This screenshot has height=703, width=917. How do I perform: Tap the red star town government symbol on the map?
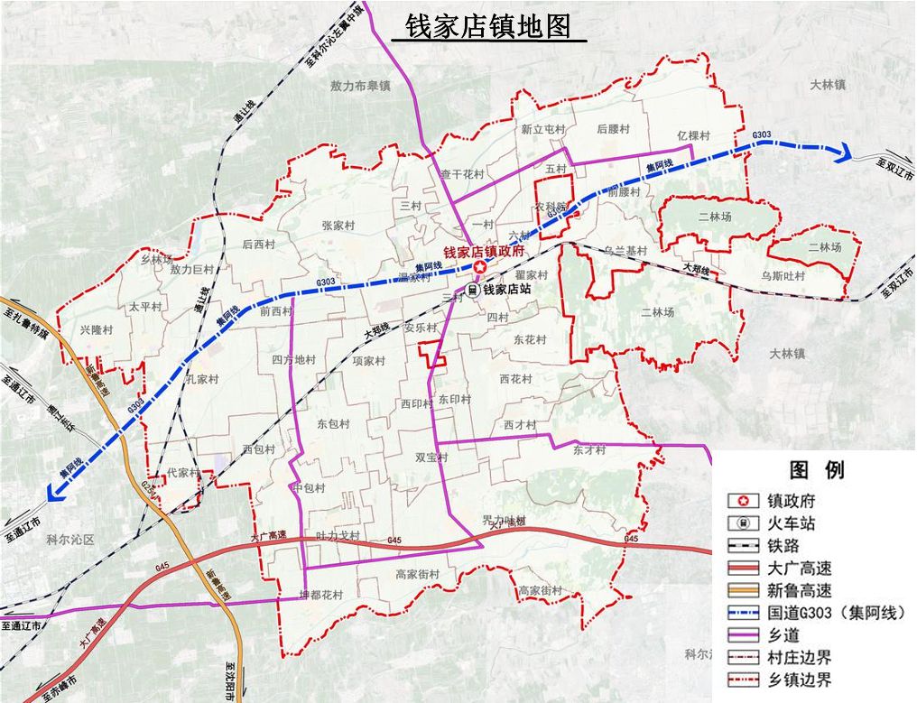click(480, 266)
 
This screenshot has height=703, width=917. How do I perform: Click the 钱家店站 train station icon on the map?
click(473, 291)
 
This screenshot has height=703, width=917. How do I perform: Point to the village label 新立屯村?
click(542, 130)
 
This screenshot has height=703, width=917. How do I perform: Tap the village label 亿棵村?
click(693, 135)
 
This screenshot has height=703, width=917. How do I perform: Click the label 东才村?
click(588, 449)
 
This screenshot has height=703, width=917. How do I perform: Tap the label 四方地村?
click(293, 359)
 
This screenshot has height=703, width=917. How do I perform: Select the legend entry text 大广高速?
click(799, 568)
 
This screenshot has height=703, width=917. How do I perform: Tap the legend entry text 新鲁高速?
click(799, 590)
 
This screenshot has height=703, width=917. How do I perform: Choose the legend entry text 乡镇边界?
click(799, 680)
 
